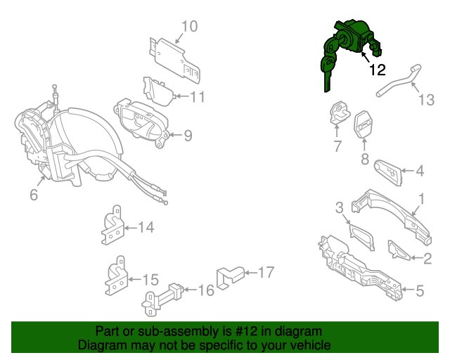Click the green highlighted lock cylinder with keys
point(348,46)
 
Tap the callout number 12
point(377,70)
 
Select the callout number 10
point(189,27)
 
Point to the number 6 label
point(33,195)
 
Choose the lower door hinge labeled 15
point(115,279)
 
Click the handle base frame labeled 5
point(359,268)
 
